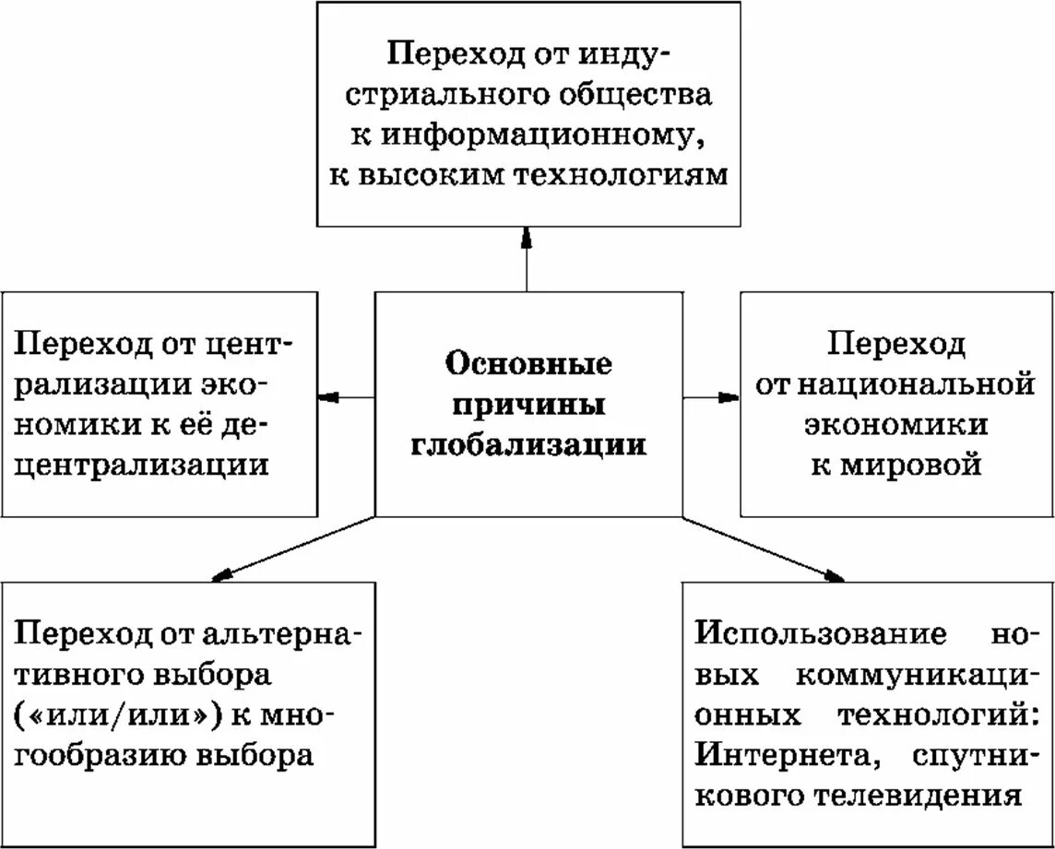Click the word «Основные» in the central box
coord(528,362)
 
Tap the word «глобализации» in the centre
coord(528,443)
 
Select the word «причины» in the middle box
coord(528,403)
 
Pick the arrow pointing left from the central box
coord(346,397)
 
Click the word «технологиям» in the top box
coord(628,175)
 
